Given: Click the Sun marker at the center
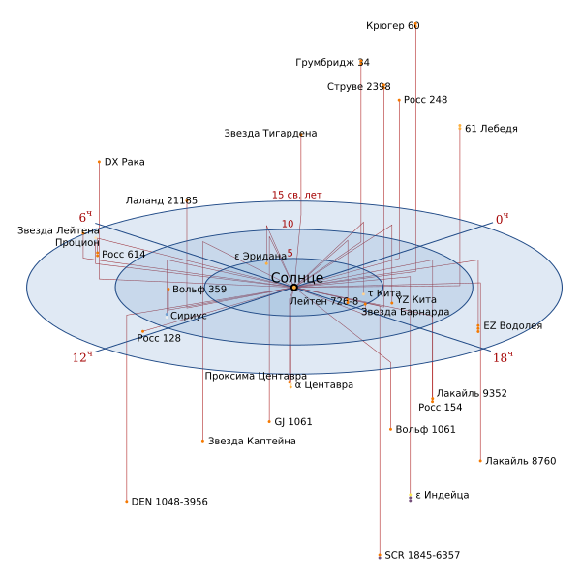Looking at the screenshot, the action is [x=294, y=288].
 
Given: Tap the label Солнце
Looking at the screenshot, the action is [x=297, y=278].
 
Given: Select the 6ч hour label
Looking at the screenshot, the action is [x=85, y=217].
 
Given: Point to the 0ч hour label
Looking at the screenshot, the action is [x=502, y=219].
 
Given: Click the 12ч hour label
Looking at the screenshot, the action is [x=82, y=357].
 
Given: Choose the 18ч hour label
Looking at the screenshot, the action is [x=503, y=357].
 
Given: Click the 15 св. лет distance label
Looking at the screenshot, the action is [x=297, y=195].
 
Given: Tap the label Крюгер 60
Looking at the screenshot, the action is [x=393, y=26].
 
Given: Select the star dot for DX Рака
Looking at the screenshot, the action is [x=99, y=162].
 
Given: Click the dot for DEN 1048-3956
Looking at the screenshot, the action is [x=126, y=502].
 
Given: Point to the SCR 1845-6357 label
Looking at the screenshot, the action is [x=422, y=555].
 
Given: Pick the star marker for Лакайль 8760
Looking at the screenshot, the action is [x=480, y=461].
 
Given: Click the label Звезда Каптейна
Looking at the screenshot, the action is [x=252, y=441].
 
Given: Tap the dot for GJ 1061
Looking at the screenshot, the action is [x=269, y=421].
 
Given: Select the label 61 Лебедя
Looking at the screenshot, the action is [x=491, y=129].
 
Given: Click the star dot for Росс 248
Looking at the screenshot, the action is [x=399, y=100].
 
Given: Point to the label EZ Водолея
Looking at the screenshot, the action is [x=513, y=326].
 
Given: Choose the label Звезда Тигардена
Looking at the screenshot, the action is [x=270, y=134].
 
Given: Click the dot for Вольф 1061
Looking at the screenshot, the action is [x=390, y=429].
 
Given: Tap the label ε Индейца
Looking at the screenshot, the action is [x=443, y=495].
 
